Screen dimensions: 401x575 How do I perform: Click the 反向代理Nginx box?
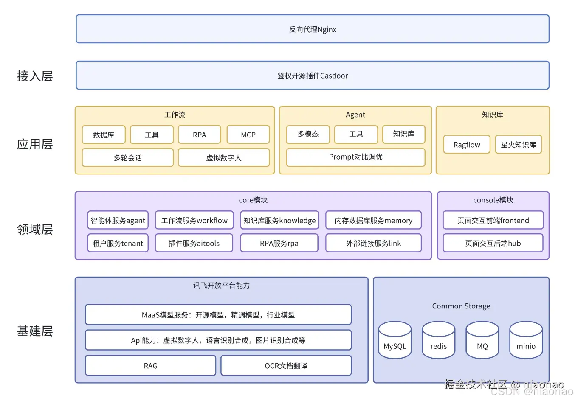click(313, 29)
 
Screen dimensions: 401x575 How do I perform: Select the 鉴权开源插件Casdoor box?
click(313, 76)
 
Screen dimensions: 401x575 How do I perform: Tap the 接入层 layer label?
click(35, 76)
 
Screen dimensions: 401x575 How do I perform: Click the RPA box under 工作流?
click(199, 135)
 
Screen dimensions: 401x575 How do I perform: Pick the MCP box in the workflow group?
click(248, 135)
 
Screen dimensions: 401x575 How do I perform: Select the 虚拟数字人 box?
click(223, 158)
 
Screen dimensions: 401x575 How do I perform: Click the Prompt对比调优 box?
click(355, 157)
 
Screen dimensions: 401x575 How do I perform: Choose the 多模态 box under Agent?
click(308, 134)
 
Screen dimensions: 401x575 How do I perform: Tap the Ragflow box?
click(467, 145)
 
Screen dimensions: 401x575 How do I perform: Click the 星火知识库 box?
click(518, 145)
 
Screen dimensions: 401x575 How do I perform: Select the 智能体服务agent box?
click(118, 221)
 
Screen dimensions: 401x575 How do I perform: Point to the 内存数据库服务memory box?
click(373, 221)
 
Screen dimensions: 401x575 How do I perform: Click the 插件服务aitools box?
click(194, 244)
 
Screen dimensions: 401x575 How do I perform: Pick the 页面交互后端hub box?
click(493, 244)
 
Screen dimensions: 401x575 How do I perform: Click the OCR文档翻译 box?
click(286, 366)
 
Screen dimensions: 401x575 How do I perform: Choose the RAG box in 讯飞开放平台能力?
click(150, 366)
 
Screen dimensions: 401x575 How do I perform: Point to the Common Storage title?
click(461, 306)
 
